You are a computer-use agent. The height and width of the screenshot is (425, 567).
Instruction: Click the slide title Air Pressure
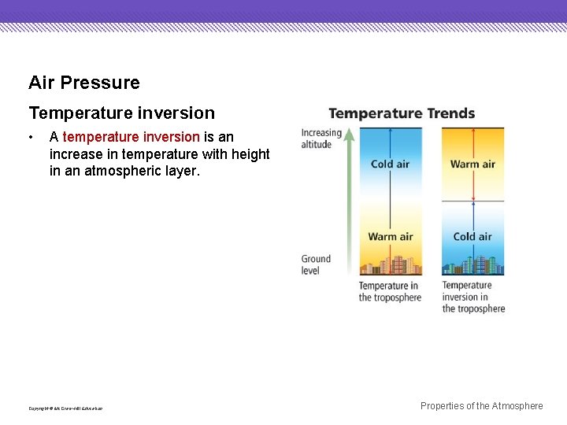coord(84,83)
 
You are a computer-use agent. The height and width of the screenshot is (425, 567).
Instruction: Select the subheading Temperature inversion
coord(121,113)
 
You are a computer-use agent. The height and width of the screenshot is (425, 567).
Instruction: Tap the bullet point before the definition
coord(31,138)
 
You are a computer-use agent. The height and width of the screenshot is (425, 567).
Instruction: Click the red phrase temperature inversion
coord(131,137)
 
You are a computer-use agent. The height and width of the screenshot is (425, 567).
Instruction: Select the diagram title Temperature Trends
coord(402,113)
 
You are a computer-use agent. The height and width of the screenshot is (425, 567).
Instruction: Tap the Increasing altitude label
coord(321,139)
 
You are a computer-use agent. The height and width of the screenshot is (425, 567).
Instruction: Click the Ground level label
coord(316,264)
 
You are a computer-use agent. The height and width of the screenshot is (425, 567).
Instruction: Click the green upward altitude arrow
coord(349,197)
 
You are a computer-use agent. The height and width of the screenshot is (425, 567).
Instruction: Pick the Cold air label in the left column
coord(391,164)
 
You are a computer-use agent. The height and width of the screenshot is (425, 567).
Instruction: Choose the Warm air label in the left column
coord(391,237)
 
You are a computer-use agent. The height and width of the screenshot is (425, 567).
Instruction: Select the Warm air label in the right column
coord(472,164)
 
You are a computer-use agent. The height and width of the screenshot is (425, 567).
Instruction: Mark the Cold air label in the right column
coord(472,237)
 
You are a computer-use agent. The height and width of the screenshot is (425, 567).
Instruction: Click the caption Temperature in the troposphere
coord(390,291)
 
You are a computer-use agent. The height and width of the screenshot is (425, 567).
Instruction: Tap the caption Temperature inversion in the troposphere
coord(473,297)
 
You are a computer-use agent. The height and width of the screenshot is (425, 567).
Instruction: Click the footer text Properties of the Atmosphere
coord(481,406)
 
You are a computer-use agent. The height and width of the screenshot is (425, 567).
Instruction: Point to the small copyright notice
coord(65,408)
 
